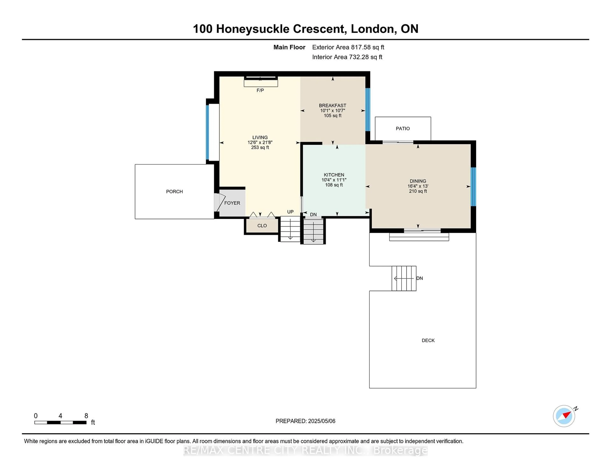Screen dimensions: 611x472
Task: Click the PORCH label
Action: (174, 191)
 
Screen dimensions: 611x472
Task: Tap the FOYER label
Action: (232, 203)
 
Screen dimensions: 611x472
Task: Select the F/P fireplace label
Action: (260, 90)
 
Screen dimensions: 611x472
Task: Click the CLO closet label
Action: (262, 226)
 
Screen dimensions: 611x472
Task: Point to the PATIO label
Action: (403, 129)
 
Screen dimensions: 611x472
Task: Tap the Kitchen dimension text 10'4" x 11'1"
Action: (334, 180)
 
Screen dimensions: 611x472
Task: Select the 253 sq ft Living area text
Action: (260, 147)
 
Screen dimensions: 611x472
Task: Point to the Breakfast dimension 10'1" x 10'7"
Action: (333, 111)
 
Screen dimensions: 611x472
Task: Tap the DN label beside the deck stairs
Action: (420, 278)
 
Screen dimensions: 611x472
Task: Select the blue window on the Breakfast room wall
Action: (368, 110)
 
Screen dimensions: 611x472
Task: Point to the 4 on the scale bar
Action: (60, 416)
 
